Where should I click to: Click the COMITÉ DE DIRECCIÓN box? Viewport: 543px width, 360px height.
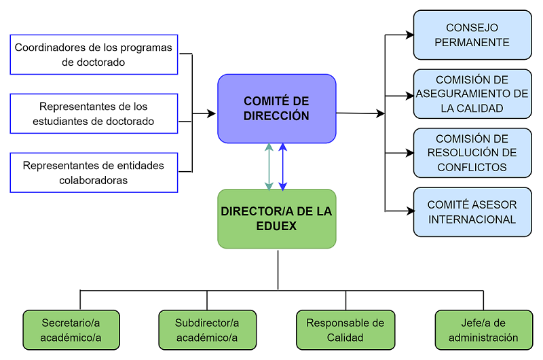coord(276,109)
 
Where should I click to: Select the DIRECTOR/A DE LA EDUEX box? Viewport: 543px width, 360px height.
coord(276,219)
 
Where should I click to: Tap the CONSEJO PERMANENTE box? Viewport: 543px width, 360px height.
coord(472,35)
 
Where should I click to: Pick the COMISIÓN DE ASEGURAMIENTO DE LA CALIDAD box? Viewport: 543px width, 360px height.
coord(472,94)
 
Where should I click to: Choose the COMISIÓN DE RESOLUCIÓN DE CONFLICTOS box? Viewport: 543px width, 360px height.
coord(472,153)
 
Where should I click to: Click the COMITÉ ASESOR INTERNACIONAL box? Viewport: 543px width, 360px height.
coord(472,212)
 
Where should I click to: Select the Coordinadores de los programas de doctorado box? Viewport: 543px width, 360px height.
coord(94,54)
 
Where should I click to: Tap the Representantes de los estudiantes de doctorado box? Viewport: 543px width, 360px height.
coord(94,113)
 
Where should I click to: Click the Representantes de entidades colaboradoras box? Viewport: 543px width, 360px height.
coord(94,172)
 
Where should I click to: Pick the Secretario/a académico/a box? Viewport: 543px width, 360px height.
coord(71,330)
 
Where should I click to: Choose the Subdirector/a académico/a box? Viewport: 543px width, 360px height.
coord(207,330)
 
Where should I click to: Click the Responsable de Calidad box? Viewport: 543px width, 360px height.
coord(345,330)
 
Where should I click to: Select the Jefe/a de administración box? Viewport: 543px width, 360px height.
coord(483,330)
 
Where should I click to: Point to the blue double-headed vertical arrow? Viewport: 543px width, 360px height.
coord(283,166)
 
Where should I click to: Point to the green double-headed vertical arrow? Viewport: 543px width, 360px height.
coord(269,166)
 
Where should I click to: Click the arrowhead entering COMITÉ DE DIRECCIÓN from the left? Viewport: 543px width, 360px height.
coord(212,113)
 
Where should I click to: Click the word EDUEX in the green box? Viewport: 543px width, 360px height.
coord(276,226)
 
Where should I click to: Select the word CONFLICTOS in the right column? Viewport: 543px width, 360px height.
coord(472,167)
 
